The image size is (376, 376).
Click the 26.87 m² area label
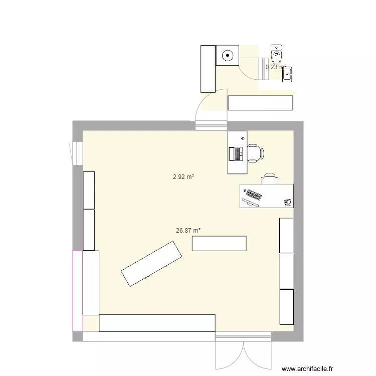pyautogui.click(x=188, y=231)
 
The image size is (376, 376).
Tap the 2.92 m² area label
pyautogui.click(x=183, y=176)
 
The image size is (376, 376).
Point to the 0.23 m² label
pyautogui.click(x=275, y=67)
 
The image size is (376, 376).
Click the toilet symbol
pyautogui.click(x=277, y=52)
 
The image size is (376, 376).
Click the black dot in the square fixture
pyautogui.click(x=228, y=55)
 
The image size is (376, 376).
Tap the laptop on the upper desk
pyautogui.click(x=235, y=153)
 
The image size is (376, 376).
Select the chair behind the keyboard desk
pyautogui.click(x=269, y=179)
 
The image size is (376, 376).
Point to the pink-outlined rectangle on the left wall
pyautogui.click(x=77, y=290)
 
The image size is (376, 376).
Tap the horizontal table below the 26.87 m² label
pyautogui.click(x=219, y=243)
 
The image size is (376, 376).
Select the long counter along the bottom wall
pyautogui.click(x=157, y=323)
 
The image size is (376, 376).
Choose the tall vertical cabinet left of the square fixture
pyautogui.click(x=208, y=69)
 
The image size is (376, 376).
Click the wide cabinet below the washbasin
pyautogui.click(x=260, y=103)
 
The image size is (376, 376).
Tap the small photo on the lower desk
pyautogui.click(x=288, y=202)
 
